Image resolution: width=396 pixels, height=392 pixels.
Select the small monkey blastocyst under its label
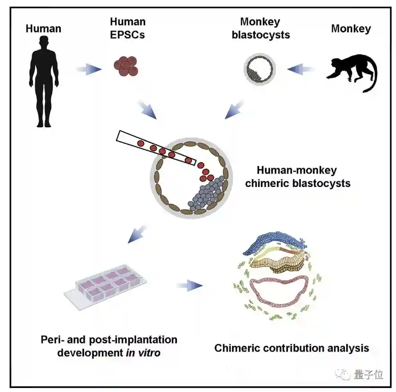[x=259, y=69]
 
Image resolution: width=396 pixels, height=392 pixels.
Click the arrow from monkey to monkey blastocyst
[x=302, y=69]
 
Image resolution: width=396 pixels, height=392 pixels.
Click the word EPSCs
[x=128, y=35]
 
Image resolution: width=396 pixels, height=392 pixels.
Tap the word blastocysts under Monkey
[x=260, y=35]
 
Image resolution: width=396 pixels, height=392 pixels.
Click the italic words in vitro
[x=142, y=352]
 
